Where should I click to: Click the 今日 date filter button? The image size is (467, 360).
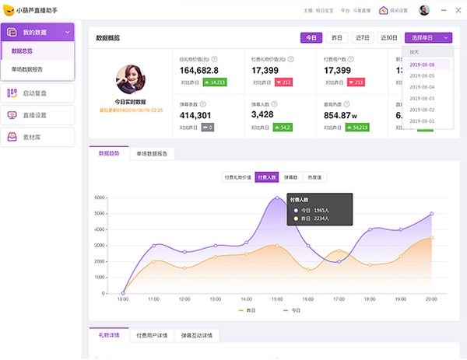[311, 37]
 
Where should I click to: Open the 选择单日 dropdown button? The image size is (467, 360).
[428, 37]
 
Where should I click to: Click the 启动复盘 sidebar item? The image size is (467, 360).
[37, 94]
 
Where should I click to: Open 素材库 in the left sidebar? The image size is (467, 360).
[37, 137]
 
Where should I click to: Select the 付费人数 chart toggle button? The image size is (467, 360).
[267, 177]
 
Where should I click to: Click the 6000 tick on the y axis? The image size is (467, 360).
[100, 197]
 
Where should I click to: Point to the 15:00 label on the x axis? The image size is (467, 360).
[277, 299]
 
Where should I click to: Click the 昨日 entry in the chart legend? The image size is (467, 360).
[248, 311]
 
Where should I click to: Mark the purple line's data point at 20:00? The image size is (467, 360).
[431, 213]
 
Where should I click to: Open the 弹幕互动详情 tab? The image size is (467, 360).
[196, 336]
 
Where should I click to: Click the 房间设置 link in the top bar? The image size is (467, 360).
[395, 11]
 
